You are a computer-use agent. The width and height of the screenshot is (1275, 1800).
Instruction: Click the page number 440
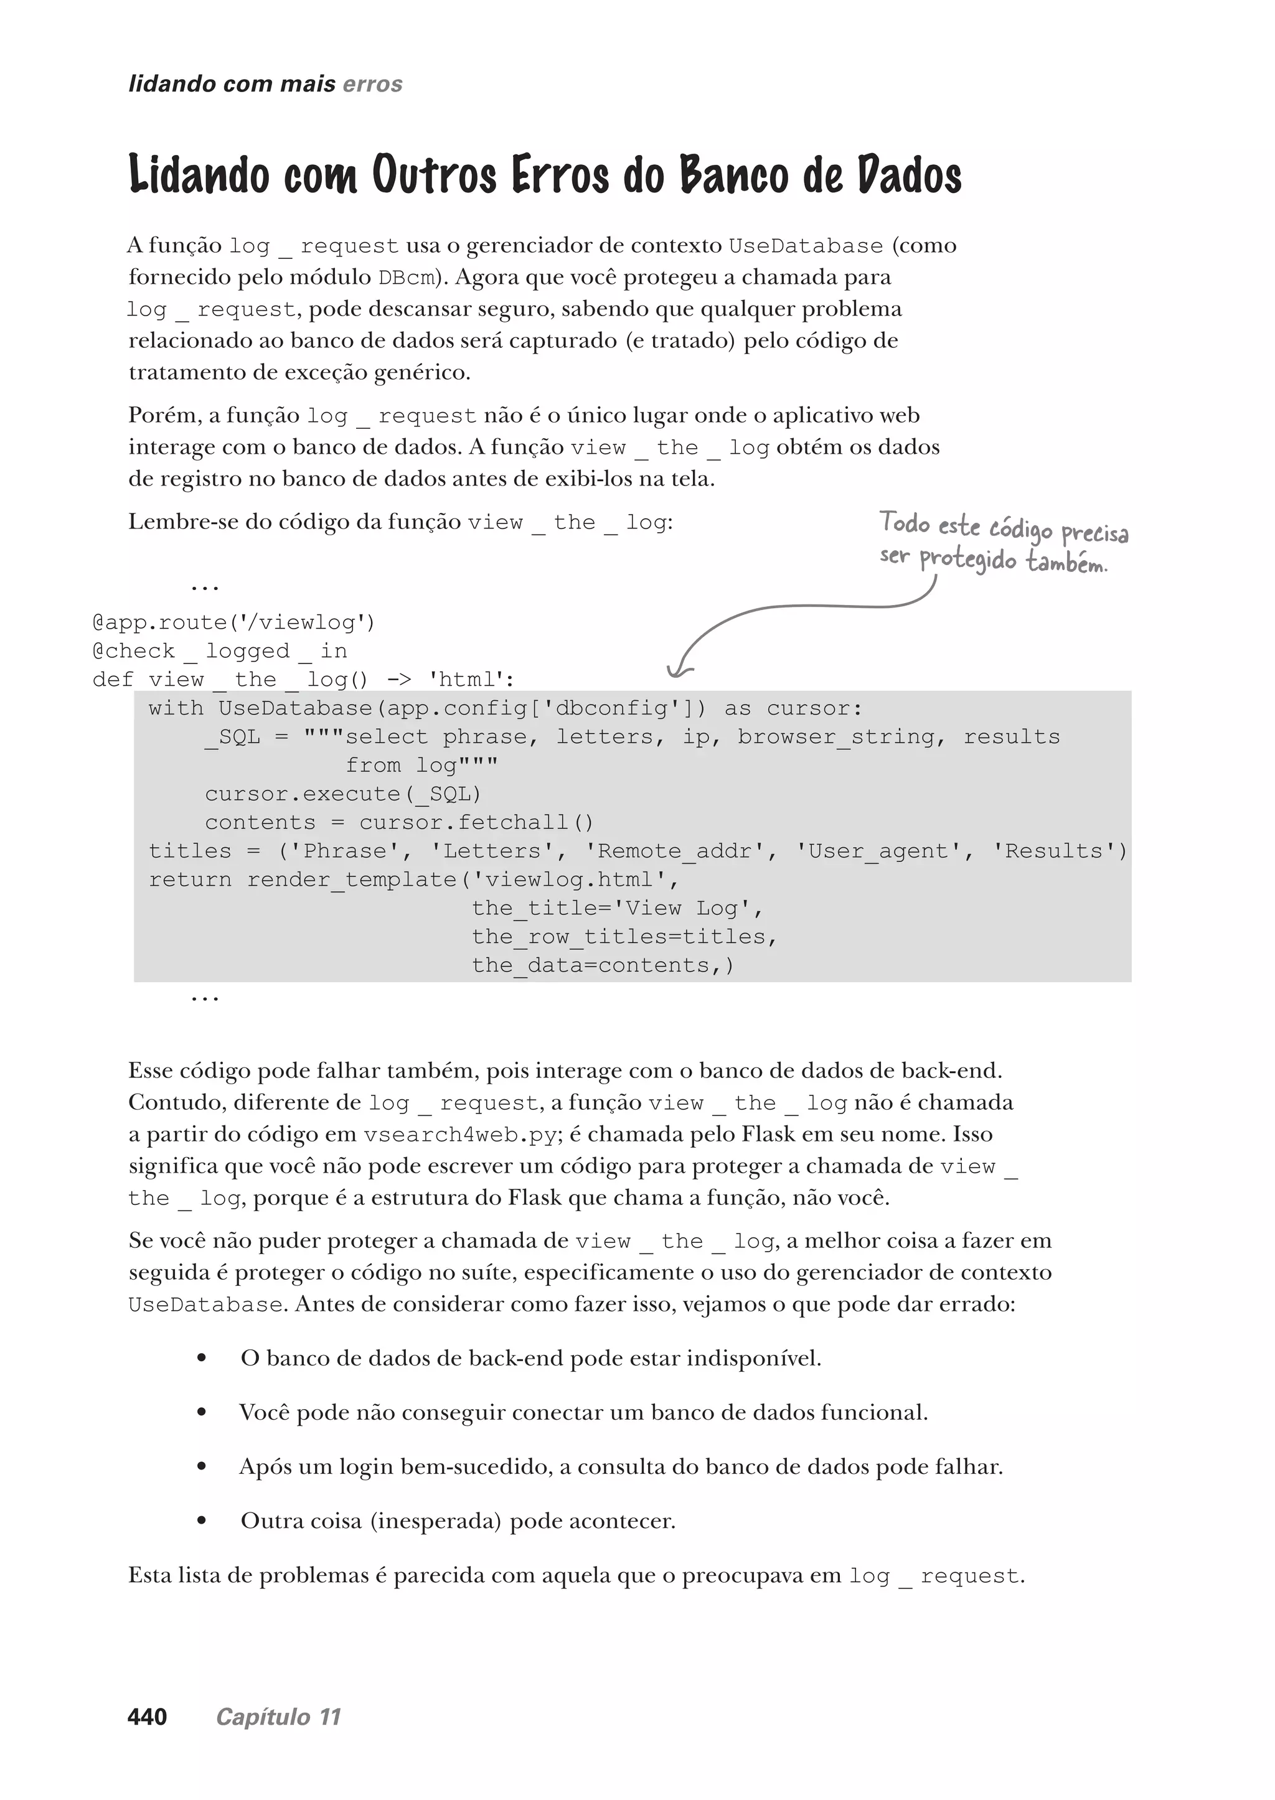click(147, 1717)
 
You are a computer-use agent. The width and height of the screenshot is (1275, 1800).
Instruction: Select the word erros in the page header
click(372, 84)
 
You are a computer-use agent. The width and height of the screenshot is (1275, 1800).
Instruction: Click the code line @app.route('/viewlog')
click(234, 622)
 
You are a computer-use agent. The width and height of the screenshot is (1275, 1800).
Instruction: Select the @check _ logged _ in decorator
click(220, 651)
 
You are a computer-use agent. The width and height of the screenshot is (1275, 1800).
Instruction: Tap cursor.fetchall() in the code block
click(476, 822)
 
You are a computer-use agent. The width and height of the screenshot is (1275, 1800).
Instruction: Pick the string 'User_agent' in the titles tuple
click(872, 851)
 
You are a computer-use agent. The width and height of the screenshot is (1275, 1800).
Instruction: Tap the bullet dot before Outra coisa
click(202, 1521)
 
